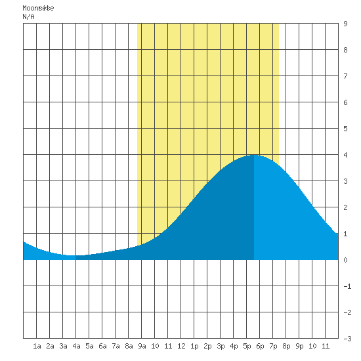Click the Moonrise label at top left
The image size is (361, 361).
coord(38,8)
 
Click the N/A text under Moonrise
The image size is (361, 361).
coord(28,16)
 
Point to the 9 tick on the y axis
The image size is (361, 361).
coord(345,24)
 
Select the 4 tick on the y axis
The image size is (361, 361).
coord(345,155)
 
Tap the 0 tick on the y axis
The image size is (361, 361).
coord(345,260)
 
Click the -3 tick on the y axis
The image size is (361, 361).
coord(347,339)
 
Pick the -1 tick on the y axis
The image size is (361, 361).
coord(347,286)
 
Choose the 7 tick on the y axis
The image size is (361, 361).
coord(345,76)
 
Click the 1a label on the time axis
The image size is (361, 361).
coord(37,346)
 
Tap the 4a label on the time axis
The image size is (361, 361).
coord(76,346)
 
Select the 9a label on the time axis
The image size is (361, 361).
coord(142,346)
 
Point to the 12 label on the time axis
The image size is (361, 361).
coord(181,346)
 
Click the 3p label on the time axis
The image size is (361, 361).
coord(221,346)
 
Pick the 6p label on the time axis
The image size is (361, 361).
coord(260,346)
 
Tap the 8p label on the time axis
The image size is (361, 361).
coord(286,346)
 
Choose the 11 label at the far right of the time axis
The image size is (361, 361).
coord(326,346)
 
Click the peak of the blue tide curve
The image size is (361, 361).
coord(254,155)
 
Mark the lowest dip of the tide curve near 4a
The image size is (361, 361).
coord(74,255)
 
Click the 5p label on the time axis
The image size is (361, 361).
coord(247,346)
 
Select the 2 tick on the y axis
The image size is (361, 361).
coord(345,207)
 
